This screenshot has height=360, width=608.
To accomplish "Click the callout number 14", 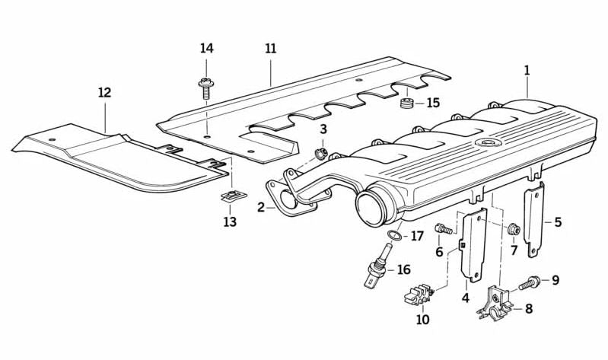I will tap(207, 49).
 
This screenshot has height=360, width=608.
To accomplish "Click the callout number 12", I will tap(104, 93).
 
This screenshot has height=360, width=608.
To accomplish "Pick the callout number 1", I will tap(526, 70).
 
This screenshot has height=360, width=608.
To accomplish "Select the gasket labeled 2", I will tap(286, 196).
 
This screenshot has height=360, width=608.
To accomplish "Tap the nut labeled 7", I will tap(514, 228).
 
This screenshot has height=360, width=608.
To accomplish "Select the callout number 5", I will tap(558, 223).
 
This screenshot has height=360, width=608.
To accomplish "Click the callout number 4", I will tap(465, 298).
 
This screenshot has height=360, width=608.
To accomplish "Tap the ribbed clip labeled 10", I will tap(422, 293).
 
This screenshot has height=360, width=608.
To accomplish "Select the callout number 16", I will tap(403, 269).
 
